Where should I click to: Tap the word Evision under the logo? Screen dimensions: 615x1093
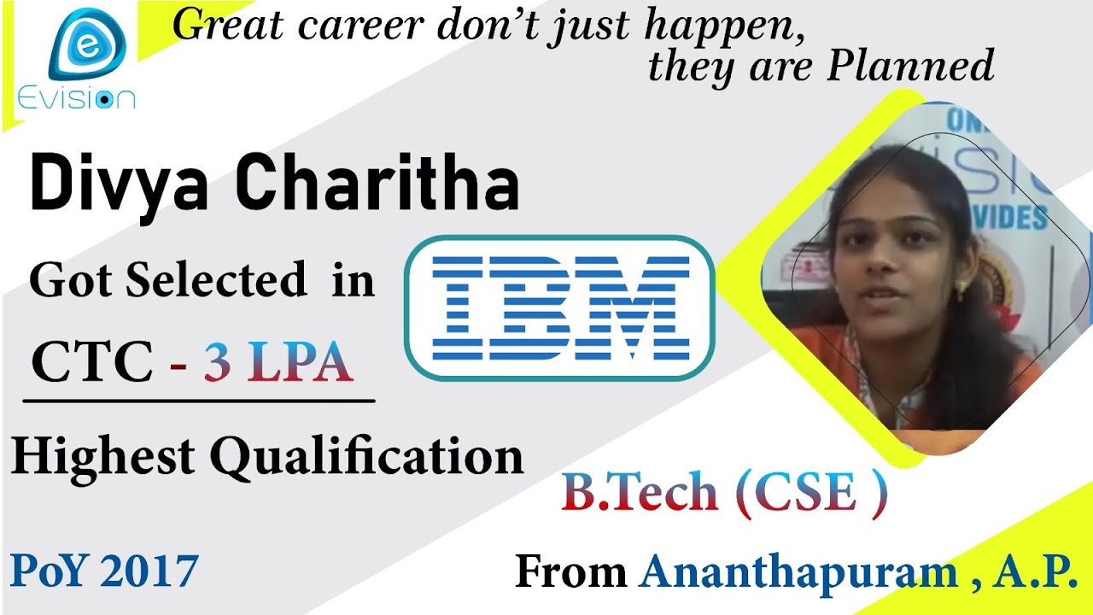(x=76, y=99)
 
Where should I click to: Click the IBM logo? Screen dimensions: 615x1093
(x=559, y=307)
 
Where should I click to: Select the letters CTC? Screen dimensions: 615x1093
(x=91, y=362)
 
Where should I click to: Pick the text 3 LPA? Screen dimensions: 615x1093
(x=278, y=363)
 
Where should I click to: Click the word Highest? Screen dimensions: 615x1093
(x=105, y=456)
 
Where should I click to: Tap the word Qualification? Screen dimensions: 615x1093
(x=366, y=458)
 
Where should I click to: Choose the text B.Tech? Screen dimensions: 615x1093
(x=640, y=493)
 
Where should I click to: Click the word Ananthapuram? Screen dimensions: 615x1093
(x=798, y=572)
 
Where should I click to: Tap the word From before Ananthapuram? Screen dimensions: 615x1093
(x=571, y=572)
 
